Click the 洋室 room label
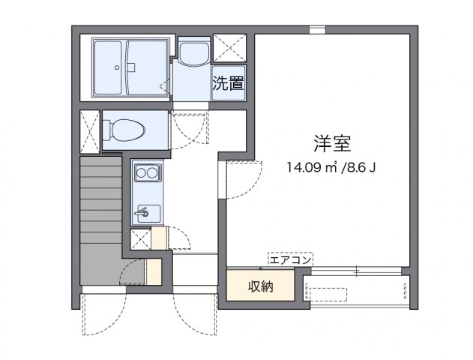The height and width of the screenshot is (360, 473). pyautogui.click(x=332, y=142)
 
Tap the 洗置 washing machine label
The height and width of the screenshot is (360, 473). pyautogui.click(x=228, y=82)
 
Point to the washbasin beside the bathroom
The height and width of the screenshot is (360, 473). pyautogui.click(x=194, y=55)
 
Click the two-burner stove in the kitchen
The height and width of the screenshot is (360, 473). pyautogui.click(x=145, y=174)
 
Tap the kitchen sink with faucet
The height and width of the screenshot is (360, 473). pyautogui.click(x=145, y=213)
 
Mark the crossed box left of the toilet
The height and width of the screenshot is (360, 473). pyautogui.click(x=90, y=132)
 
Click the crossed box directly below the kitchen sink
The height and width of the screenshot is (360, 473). pyautogui.click(x=140, y=239)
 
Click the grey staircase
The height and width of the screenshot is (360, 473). pyautogui.click(x=100, y=217)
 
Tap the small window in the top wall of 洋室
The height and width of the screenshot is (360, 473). pyautogui.click(x=318, y=29)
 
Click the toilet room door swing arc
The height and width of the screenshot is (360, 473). pyautogui.click(x=187, y=132)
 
